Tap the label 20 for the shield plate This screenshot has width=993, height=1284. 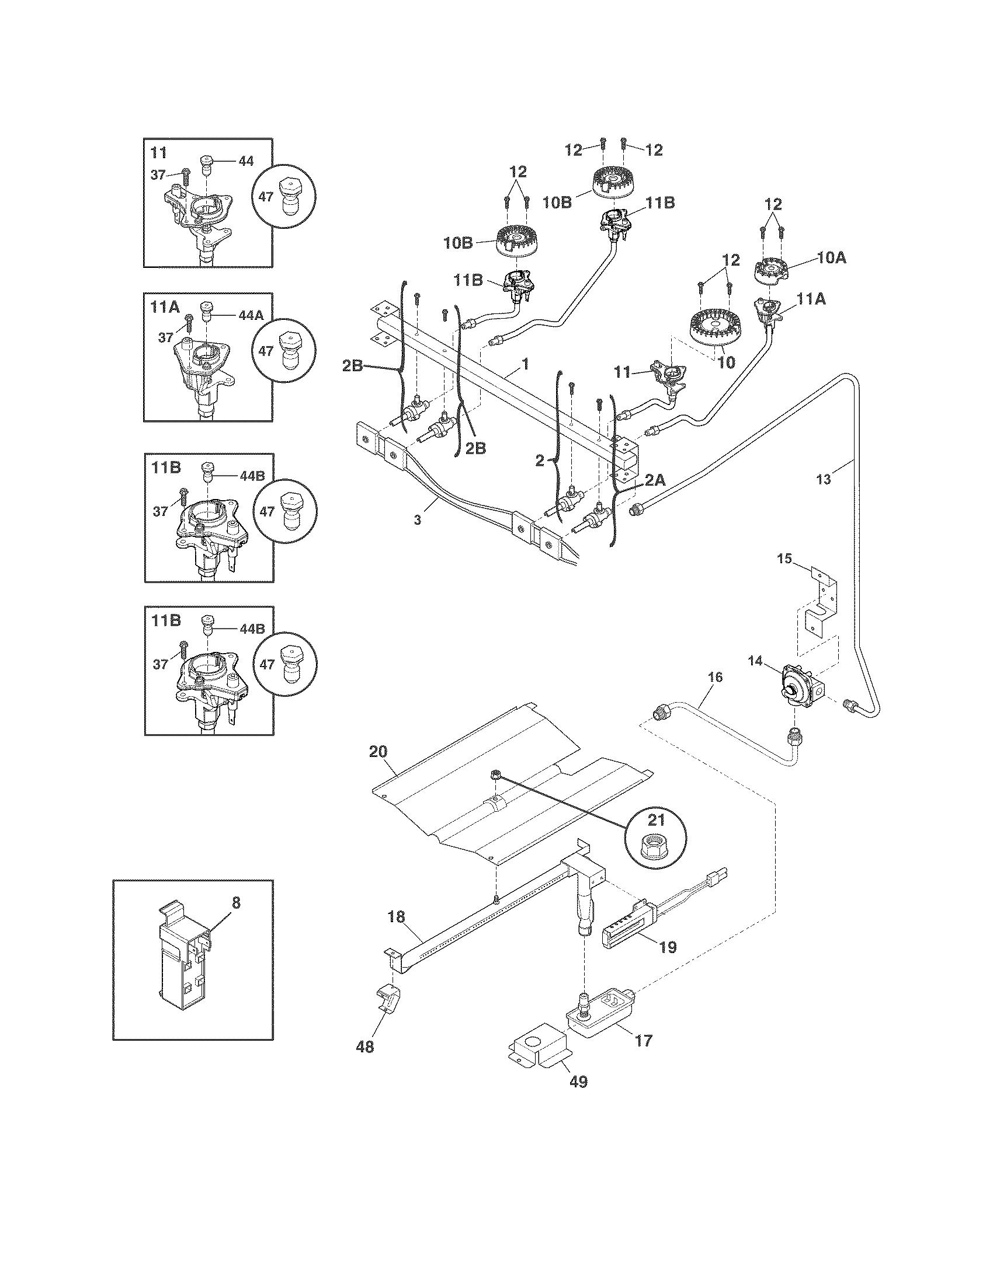379,751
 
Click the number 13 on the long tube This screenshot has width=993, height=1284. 824,479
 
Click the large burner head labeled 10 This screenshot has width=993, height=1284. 716,329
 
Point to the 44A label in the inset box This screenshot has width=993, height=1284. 251,315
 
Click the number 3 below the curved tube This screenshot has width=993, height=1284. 417,520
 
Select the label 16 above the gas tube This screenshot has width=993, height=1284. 715,677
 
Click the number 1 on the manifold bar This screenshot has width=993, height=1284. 525,365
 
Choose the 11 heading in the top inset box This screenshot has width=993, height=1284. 158,153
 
